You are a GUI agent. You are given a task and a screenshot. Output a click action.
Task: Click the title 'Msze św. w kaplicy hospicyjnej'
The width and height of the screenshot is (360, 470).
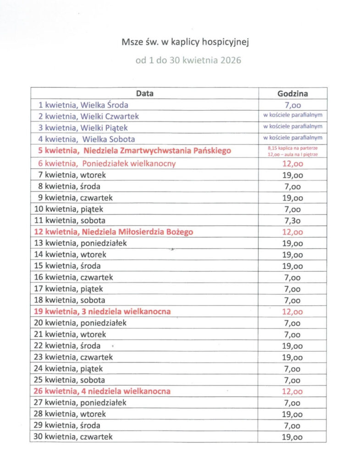185,43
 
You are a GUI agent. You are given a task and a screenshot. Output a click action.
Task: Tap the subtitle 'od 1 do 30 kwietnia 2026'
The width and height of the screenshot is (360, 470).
188,60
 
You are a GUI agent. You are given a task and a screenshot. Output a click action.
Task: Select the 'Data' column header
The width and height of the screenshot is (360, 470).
144,93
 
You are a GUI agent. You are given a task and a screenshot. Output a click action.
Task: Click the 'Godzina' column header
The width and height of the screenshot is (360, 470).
293,93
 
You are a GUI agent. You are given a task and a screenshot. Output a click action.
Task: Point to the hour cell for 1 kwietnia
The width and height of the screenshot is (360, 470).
293,105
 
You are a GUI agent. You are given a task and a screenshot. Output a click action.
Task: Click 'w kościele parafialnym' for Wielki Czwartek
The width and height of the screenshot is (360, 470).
293,116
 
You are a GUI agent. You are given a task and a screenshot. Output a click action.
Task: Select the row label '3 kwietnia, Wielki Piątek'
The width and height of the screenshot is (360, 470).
80,128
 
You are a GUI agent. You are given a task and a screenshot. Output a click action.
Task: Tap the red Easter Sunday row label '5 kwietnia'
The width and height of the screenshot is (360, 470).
132,151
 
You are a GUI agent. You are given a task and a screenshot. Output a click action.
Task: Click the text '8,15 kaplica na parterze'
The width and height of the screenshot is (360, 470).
293,148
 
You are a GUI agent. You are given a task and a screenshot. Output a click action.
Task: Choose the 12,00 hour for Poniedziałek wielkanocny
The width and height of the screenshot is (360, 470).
293,163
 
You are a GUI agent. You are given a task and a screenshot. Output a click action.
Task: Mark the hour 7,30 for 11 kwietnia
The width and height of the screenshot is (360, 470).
293,221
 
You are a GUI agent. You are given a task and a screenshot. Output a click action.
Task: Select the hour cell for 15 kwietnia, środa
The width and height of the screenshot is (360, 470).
293,266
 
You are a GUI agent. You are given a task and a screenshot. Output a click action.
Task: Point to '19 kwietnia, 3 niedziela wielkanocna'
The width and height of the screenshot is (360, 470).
101,312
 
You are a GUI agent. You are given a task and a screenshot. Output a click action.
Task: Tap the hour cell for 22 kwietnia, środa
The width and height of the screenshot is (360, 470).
293,346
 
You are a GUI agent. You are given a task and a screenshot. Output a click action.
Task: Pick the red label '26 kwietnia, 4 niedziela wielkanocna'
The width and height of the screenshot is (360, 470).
101,392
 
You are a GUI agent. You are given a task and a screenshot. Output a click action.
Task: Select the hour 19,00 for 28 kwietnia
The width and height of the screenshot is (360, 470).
293,414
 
